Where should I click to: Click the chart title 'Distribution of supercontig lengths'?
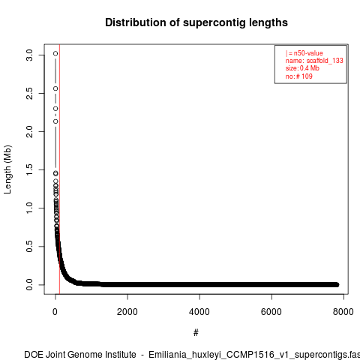[x=196, y=22]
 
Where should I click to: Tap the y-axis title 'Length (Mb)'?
[x=7, y=169]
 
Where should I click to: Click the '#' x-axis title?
[x=196, y=333]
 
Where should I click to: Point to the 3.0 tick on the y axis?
[x=29, y=55]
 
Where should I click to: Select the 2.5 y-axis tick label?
[x=29, y=93]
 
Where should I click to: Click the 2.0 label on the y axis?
[x=29, y=131]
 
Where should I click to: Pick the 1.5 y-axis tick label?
[x=29, y=169]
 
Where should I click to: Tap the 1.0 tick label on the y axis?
[x=29, y=208]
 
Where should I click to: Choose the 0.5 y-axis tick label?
[x=29, y=246]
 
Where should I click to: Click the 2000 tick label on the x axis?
[x=127, y=312]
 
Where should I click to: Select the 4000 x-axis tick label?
[x=199, y=312]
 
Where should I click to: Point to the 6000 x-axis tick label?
[x=271, y=312]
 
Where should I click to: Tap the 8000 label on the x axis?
[x=343, y=312]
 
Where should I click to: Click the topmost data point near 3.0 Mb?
[x=55, y=53]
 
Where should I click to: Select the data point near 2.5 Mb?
[x=55, y=88]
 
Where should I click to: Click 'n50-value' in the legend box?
[x=308, y=53]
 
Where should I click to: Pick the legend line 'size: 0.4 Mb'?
[x=302, y=68]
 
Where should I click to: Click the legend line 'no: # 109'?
[x=299, y=76]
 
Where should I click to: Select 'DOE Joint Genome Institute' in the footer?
[x=80, y=355]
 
